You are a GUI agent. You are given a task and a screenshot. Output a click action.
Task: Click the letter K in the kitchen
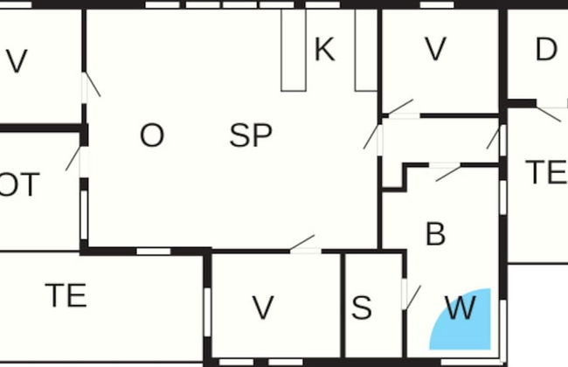pyautogui.click(x=324, y=49)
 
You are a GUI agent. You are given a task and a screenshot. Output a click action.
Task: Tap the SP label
pyautogui.click(x=251, y=135)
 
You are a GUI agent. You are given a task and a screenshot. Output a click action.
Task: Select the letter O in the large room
pyautogui.click(x=152, y=135)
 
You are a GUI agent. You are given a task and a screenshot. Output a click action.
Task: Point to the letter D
pyautogui.click(x=546, y=49)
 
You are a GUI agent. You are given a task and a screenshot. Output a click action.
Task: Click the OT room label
pyautogui.click(x=18, y=184)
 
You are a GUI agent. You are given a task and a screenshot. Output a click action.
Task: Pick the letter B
pyautogui.click(x=435, y=234)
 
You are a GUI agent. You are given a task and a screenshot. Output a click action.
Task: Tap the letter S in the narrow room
pyautogui.click(x=362, y=308)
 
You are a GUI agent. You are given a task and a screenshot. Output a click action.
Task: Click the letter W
pyautogui.click(x=461, y=308)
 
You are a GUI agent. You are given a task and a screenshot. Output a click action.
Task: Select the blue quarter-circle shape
pyautogui.click(x=460, y=319)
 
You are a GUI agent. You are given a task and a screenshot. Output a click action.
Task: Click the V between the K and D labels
pyautogui.click(x=435, y=49)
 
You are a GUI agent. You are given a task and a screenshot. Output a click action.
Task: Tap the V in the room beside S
pyautogui.click(x=263, y=308)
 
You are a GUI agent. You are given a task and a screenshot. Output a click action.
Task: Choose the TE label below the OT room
pyautogui.click(x=66, y=295)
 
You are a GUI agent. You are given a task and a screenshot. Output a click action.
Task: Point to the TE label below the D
pyautogui.click(x=547, y=172)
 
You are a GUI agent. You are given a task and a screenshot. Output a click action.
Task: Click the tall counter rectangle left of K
pyautogui.click(x=294, y=50)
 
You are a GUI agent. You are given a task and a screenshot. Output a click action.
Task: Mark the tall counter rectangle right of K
pyautogui.click(x=366, y=50)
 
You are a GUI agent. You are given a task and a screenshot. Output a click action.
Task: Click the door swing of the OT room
pyautogui.click(x=73, y=159)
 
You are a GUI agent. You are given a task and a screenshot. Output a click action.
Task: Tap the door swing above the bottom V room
pyautogui.click(x=302, y=242)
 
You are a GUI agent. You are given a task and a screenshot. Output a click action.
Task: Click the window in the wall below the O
pyautogui.click(x=154, y=252)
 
